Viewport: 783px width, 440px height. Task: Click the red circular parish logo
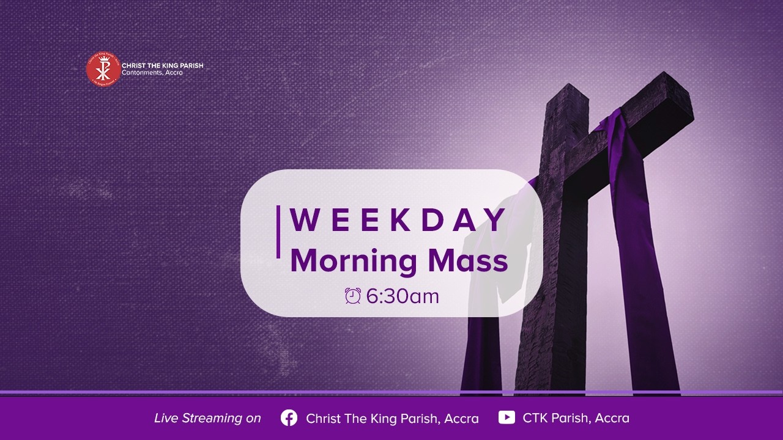102,68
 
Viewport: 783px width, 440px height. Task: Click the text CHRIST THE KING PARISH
162,65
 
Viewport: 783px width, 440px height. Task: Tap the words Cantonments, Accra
152,73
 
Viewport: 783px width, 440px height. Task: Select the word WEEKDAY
398,221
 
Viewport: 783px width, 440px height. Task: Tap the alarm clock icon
353,296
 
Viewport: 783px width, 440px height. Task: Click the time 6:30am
403,296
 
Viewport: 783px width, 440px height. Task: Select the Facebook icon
289,417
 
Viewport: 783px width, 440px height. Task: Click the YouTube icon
507,417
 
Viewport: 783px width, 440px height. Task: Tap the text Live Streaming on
207,418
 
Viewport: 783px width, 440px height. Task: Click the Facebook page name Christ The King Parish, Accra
392,419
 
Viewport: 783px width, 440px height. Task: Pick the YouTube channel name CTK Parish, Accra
576,418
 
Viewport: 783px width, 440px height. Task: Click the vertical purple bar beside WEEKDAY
278,232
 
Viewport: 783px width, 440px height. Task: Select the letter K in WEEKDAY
401,221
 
